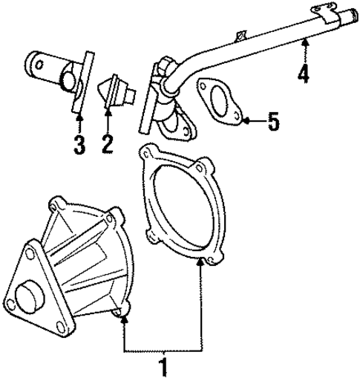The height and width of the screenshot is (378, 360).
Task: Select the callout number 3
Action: click(79, 143)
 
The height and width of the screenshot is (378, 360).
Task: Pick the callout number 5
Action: click(273, 121)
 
